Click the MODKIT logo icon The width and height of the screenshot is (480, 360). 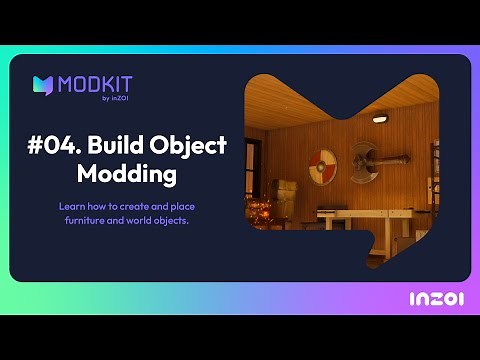coord(43,85)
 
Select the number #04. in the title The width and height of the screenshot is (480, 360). coord(53,145)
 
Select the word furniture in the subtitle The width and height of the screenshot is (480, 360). coord(81,219)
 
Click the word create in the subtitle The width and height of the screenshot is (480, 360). coord(133,205)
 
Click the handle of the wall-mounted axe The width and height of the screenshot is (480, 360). coord(394,157)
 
